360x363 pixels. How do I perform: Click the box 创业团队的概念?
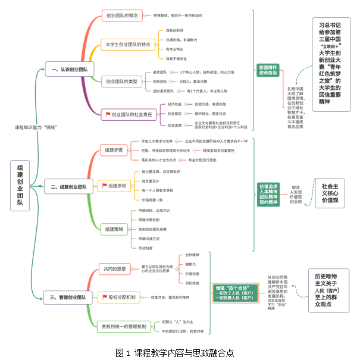click(x=122, y=15)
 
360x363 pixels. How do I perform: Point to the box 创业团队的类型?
click(x=121, y=81)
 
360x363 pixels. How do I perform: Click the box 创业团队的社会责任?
click(x=129, y=114)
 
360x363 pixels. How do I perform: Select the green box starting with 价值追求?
click(x=268, y=194)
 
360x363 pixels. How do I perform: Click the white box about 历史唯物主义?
click(x=327, y=290)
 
